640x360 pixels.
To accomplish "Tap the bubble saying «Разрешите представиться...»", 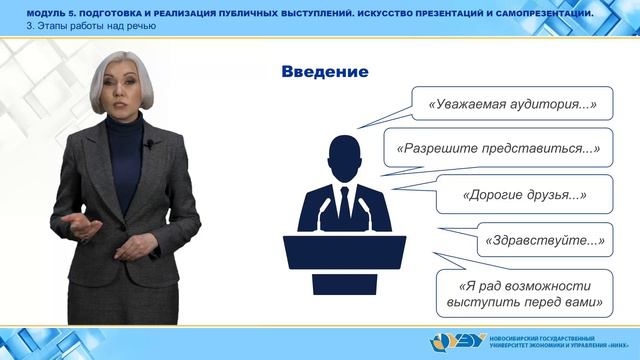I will coord(498,148).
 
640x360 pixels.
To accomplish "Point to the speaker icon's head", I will coord(344,155).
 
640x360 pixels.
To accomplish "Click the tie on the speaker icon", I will coord(344,206).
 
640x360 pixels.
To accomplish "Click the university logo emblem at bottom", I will coord(448,343).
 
